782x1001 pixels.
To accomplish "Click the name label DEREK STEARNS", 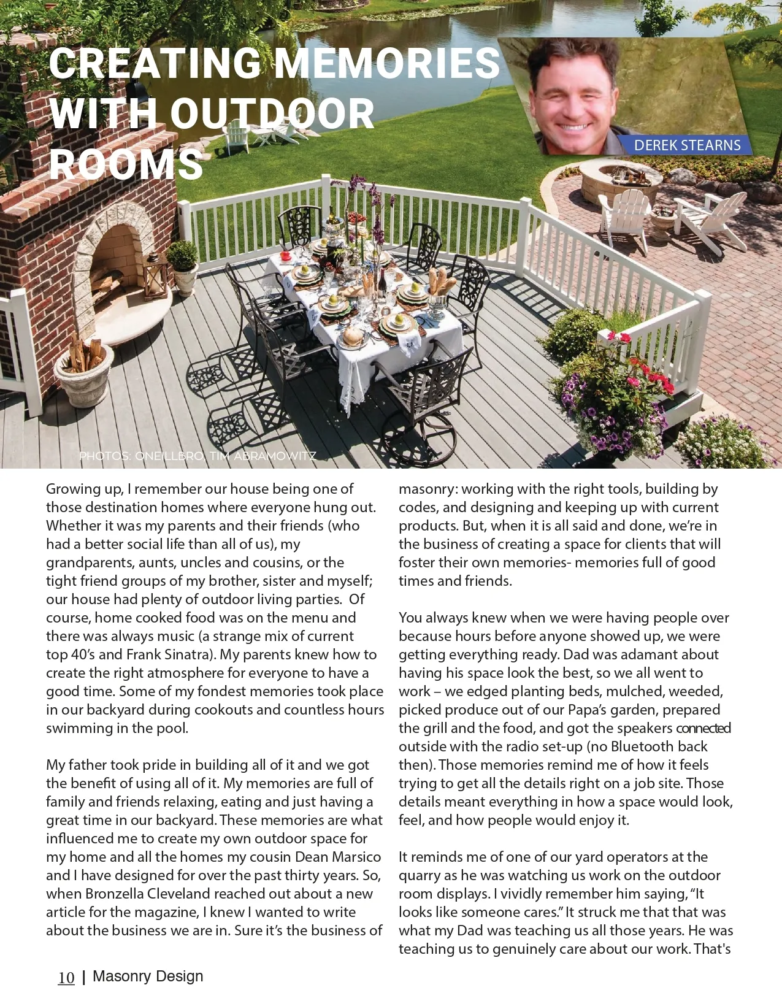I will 687,145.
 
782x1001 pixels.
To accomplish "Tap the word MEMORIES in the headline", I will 386,63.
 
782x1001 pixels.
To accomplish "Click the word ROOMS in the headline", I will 126,164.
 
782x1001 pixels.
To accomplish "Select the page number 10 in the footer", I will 66,978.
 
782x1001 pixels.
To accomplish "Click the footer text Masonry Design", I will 148,976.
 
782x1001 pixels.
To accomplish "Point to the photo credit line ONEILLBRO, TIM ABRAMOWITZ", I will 197,456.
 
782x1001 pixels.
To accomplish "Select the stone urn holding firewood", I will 84,374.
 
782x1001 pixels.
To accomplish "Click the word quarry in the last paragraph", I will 422,875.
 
